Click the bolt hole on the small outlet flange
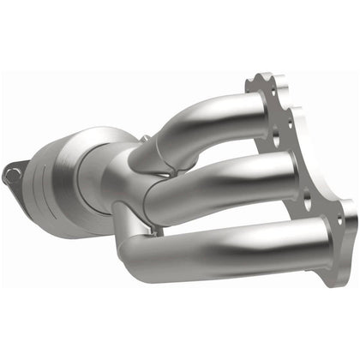tap(10, 175)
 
